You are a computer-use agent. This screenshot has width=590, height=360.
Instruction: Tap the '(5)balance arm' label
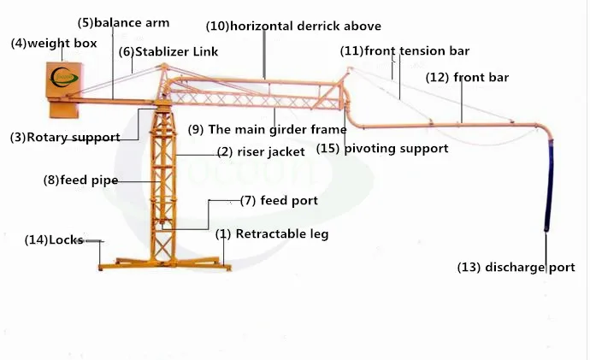123,22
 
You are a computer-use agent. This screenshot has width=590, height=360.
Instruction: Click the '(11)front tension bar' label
404,51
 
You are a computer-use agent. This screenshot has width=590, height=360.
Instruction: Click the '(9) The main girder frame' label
267,130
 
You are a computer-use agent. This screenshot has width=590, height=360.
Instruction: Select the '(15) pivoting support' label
382,148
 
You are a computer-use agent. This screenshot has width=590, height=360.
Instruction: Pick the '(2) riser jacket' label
261,151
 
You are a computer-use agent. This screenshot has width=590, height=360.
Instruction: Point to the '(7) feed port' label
278,201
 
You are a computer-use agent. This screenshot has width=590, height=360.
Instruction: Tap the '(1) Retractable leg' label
271,233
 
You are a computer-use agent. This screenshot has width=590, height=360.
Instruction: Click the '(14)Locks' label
54,240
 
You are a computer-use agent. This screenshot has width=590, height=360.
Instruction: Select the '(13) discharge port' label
516,268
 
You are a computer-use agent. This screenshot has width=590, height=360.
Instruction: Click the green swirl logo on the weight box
64,79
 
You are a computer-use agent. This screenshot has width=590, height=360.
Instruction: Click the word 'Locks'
66,240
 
